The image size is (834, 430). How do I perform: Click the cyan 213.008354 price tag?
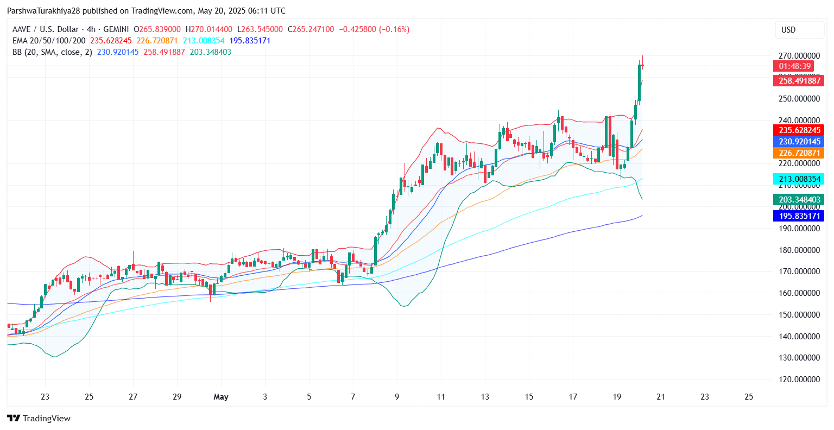click(798, 179)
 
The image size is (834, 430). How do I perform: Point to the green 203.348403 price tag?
click(798, 200)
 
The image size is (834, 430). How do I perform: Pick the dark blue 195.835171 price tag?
click(798, 216)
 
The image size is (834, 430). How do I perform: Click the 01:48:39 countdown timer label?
click(794, 66)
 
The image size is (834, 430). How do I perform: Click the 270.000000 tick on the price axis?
click(799, 56)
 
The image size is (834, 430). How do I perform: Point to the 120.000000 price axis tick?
click(799, 380)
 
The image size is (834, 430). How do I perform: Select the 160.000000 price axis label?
click(799, 293)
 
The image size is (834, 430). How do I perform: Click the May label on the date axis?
click(221, 397)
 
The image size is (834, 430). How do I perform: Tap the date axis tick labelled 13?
click(485, 397)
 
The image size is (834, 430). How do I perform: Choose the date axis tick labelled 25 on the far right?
click(749, 397)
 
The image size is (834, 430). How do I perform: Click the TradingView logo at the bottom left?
click(39, 418)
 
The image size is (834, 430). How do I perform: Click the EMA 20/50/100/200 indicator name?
click(49, 41)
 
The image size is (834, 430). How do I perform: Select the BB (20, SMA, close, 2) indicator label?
click(52, 52)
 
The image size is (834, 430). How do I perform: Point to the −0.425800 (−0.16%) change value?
click(374, 29)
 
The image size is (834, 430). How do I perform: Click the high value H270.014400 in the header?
click(209, 29)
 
